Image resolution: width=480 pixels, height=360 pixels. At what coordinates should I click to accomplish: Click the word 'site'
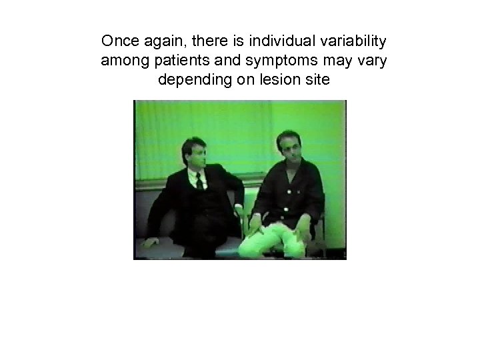pyautogui.click(x=317, y=81)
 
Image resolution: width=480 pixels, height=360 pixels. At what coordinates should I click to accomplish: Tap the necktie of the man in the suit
pyautogui.click(x=199, y=181)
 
